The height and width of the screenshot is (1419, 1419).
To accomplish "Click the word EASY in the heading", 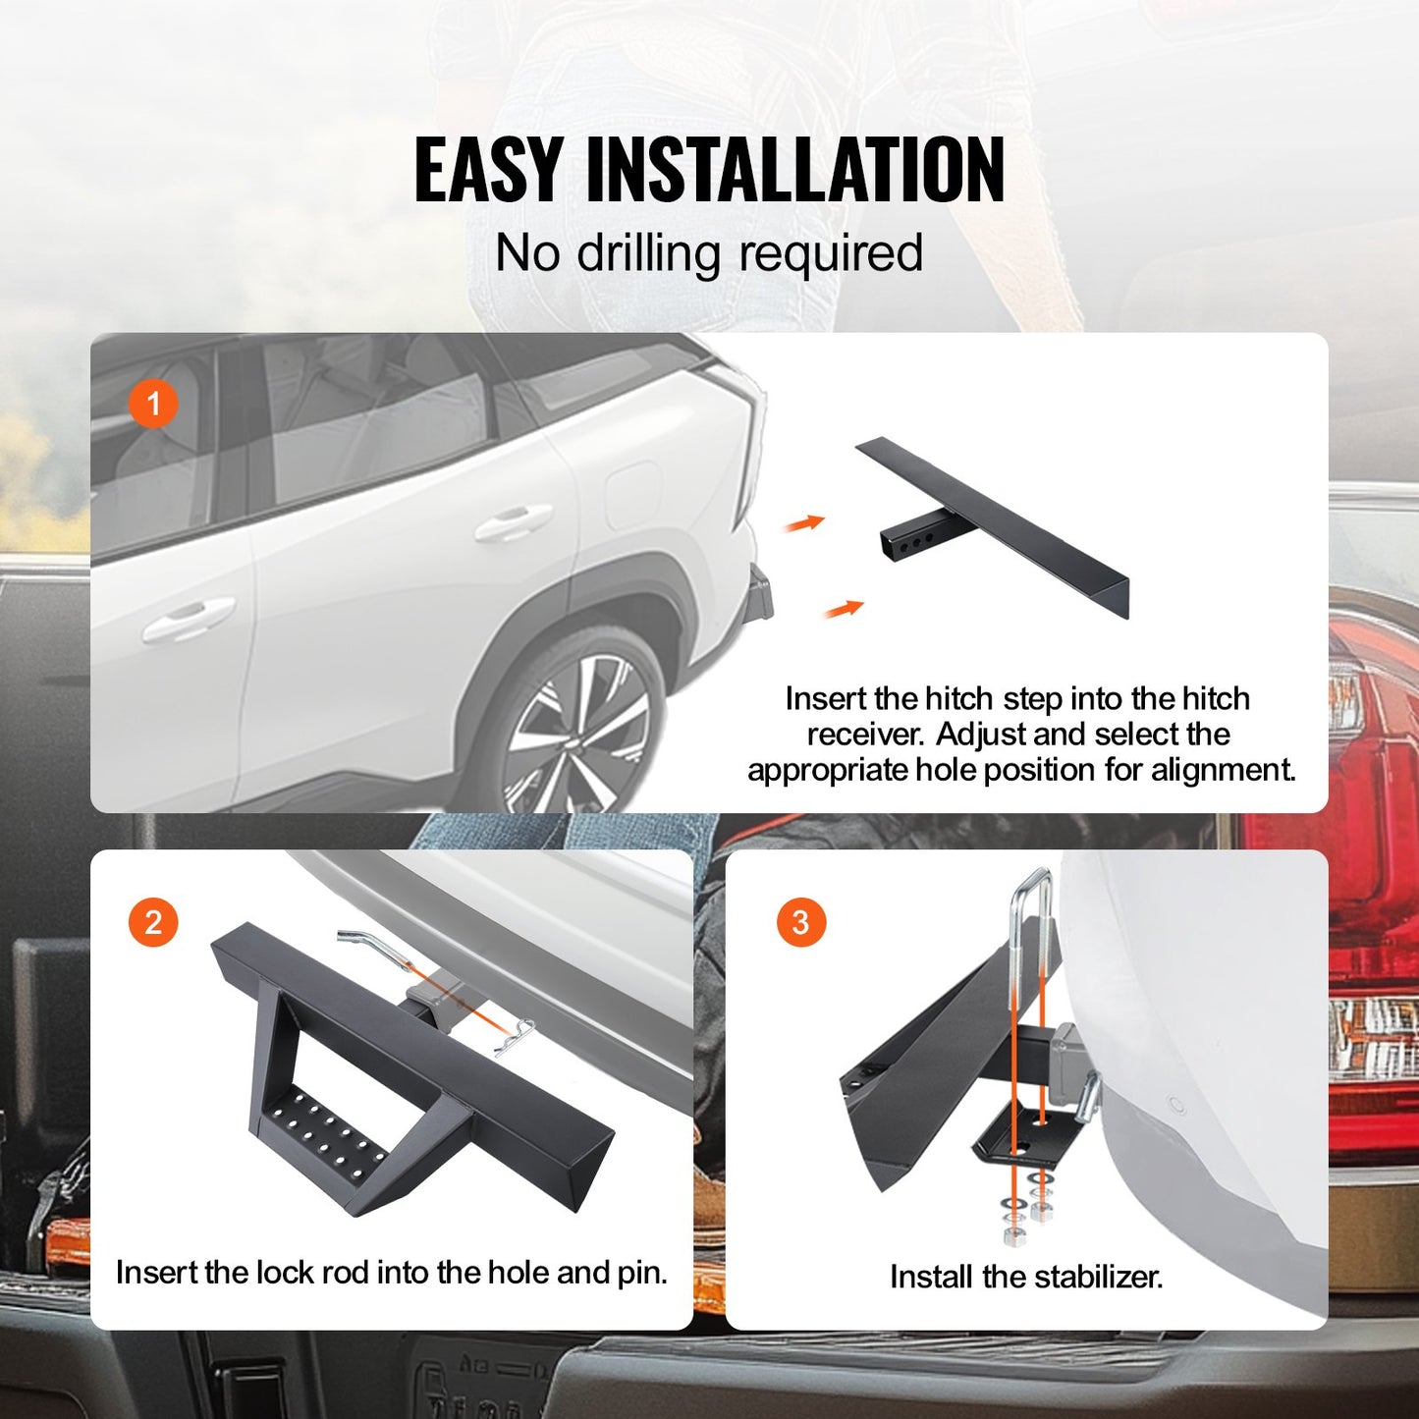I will click(489, 170).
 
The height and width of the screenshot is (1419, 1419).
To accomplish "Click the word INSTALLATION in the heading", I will click(795, 170).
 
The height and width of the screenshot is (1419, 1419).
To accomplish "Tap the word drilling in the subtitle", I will click(649, 253).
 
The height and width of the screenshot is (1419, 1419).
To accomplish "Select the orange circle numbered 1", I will click(153, 404).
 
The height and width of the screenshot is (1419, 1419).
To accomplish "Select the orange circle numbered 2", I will click(153, 923).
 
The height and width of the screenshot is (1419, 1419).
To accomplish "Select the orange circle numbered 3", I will click(800, 923).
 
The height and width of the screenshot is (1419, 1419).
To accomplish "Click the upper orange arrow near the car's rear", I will click(804, 523).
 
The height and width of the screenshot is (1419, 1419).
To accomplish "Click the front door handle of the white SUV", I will click(189, 620).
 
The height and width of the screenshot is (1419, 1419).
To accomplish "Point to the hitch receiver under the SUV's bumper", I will click(759, 595).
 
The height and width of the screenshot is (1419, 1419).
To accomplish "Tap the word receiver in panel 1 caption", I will click(865, 735).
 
